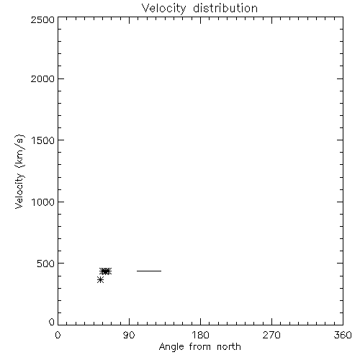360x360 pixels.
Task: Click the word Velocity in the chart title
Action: click(163, 9)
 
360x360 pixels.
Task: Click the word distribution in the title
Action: click(225, 8)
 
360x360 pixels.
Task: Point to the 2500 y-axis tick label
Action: click(42, 19)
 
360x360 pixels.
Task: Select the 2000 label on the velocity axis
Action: click(42, 78)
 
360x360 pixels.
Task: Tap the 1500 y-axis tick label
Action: click(43, 140)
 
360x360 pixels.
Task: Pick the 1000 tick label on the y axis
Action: click(43, 202)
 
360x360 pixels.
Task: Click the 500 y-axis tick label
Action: click(46, 264)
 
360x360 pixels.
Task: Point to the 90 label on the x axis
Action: click(129, 335)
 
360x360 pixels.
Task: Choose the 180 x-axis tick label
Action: click(200, 335)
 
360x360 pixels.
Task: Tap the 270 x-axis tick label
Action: click(271, 335)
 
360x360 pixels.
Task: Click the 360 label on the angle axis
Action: click(343, 335)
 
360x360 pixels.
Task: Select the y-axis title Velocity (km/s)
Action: click(19, 171)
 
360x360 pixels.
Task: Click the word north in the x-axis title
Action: click(229, 347)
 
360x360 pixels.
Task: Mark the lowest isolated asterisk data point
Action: click(100, 280)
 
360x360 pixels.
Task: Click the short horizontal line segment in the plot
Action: click(149, 271)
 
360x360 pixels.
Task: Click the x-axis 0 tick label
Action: click(58, 335)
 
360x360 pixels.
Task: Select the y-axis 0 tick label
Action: click(52, 322)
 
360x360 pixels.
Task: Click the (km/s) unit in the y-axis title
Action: click(19, 151)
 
